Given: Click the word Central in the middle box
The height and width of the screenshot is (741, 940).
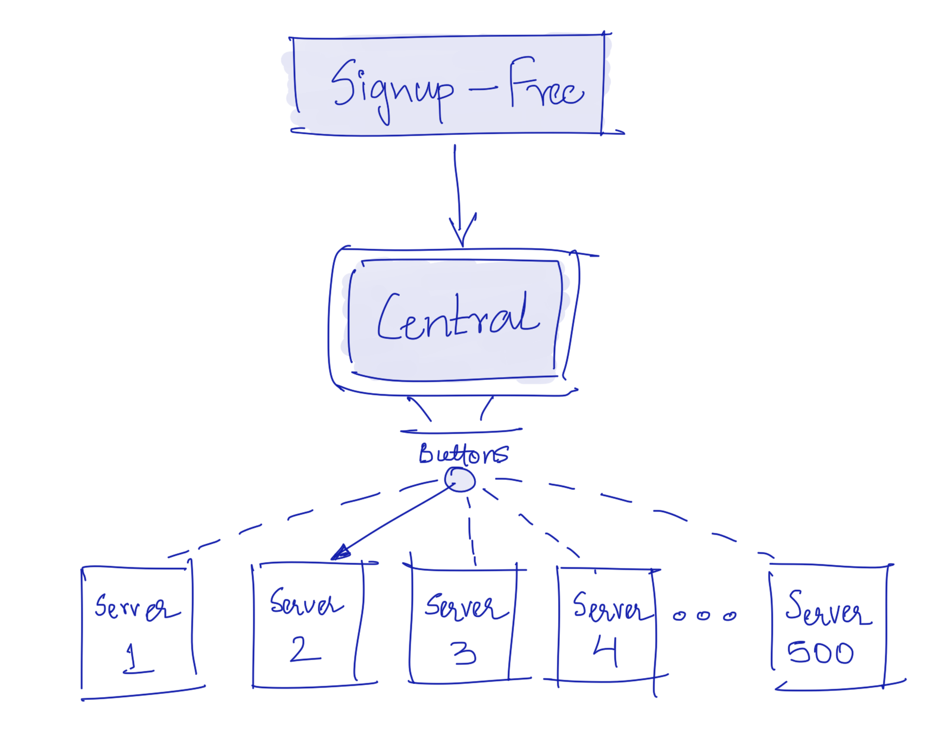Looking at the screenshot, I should coord(458,318).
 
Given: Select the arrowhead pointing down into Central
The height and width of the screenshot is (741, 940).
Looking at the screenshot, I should coord(462,232).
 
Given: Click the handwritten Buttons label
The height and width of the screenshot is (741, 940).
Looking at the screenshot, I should coord(463,454).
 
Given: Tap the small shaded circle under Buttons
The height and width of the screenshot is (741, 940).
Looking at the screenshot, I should coord(460,479).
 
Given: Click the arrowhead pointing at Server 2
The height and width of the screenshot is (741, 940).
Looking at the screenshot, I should coord(340,554).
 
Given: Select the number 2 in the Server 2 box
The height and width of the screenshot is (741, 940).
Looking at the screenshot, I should coord(305,649).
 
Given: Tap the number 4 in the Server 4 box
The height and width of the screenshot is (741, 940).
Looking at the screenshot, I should coord(606,652).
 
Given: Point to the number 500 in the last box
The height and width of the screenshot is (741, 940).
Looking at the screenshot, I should coord(821,653).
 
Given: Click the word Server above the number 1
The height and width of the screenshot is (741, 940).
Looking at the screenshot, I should coord(137,608).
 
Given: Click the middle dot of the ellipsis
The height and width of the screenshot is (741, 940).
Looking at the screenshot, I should coord(704,616).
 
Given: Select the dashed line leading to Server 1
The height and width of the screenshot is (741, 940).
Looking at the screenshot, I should coord(268,523).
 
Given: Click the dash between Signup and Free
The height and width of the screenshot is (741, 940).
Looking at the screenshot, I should coord(483,90).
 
